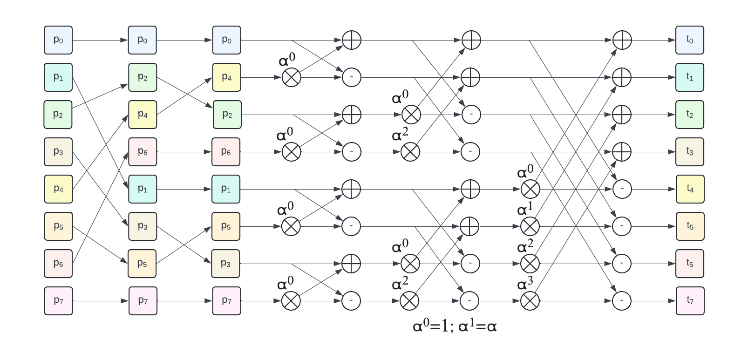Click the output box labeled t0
pyautogui.click(x=689, y=40)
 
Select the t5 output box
pyautogui.click(x=690, y=226)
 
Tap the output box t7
pyautogui.click(x=690, y=301)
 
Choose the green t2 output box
pyautogui.click(x=689, y=115)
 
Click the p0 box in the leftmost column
pyautogui.click(x=58, y=40)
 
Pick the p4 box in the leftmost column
pyautogui.click(x=58, y=189)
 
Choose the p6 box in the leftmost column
pyautogui.click(x=58, y=264)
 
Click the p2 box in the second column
pyautogui.click(x=143, y=77)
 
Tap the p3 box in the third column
pyautogui.click(x=226, y=264)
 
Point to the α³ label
pyautogui.click(x=525, y=284)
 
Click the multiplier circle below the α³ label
pyautogui.click(x=530, y=301)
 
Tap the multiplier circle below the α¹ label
pyautogui.click(x=530, y=226)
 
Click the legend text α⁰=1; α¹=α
pyautogui.click(x=455, y=326)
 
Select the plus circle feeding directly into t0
pyautogui.click(x=622, y=40)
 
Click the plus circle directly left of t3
pyautogui.click(x=622, y=152)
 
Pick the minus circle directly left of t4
pyautogui.click(x=622, y=189)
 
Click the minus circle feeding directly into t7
pyautogui.click(x=622, y=301)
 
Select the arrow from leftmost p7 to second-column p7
pyautogui.click(x=100, y=301)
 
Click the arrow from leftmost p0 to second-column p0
pyautogui.click(x=100, y=40)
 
